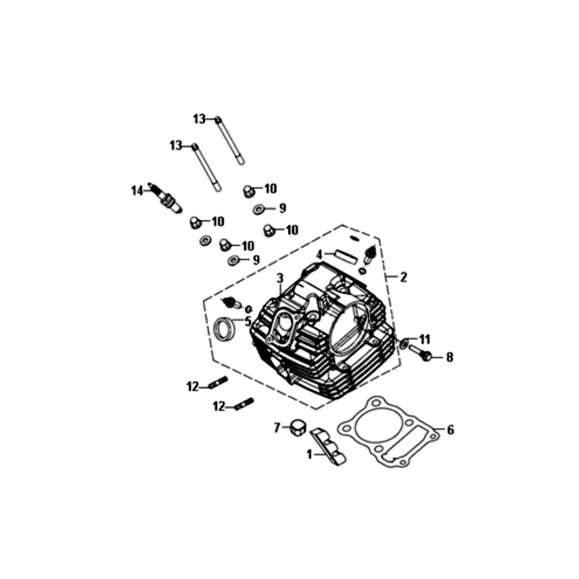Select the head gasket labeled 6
coord(389,433)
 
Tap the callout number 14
coord(137,191)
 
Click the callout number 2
coord(403,277)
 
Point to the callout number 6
coord(450,430)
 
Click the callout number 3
coord(280,278)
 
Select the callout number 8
coord(450,357)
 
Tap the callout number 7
coord(277,428)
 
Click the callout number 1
coord(309,455)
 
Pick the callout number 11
coord(424,339)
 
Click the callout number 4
coord(320,254)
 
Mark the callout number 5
coord(247,321)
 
